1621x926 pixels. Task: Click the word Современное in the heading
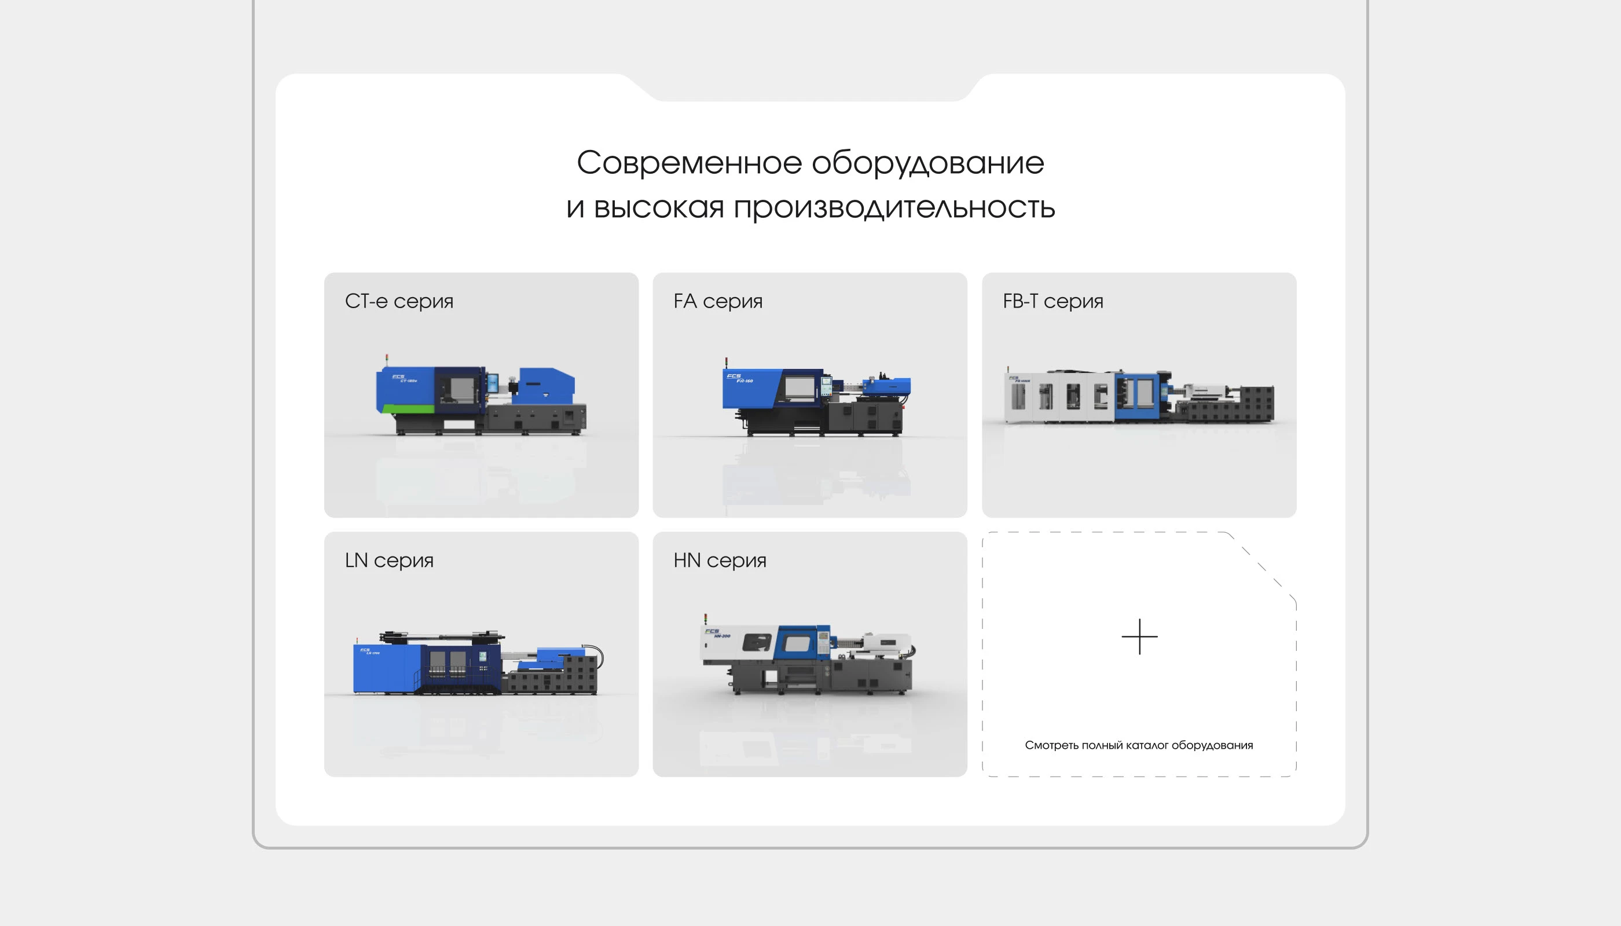tap(689, 163)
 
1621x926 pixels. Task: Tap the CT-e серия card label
tap(398, 301)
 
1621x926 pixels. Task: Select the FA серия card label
tap(718, 301)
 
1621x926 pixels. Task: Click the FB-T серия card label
tap(1052, 301)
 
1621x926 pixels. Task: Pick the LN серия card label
tap(389, 561)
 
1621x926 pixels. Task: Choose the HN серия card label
tap(720, 561)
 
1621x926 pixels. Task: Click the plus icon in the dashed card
tap(1139, 636)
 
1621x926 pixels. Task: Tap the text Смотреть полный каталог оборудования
tap(1139, 745)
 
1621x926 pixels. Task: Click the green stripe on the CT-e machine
tap(407, 408)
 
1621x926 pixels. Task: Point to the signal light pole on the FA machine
tap(726, 364)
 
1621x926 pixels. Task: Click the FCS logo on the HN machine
tap(713, 631)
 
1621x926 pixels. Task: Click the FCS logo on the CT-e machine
tap(398, 376)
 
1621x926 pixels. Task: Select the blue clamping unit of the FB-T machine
tap(1135, 396)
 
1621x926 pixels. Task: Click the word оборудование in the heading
tap(927, 163)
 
